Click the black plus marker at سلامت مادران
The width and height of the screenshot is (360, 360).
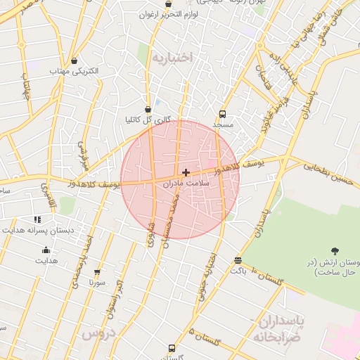point(186,172)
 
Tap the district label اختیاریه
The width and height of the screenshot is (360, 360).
point(172,58)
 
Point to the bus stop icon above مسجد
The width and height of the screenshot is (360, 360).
point(223,114)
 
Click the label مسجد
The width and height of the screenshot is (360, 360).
point(223,124)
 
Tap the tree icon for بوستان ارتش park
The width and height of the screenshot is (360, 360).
point(334,251)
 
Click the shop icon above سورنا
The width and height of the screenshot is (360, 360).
point(97,272)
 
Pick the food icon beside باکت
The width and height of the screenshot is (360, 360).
point(238,260)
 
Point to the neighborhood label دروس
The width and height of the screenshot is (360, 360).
point(98,333)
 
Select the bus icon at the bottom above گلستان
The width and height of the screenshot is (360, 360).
point(172,347)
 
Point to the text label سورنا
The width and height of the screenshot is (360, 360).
point(96,283)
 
